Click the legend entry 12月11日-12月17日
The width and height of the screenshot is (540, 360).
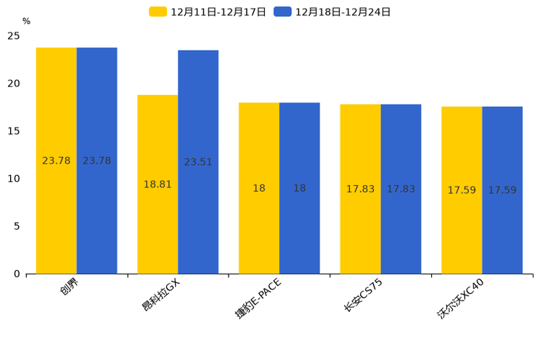pyautogui.click(x=208, y=12)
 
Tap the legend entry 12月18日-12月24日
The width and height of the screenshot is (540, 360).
pyautogui.click(x=333, y=12)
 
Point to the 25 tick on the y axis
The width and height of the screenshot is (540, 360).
pyautogui.click(x=14, y=36)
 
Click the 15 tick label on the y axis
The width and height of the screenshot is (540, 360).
pyautogui.click(x=14, y=131)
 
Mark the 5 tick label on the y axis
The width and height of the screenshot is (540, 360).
pyautogui.click(x=17, y=226)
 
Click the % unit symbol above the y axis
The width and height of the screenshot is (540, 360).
pyautogui.click(x=26, y=22)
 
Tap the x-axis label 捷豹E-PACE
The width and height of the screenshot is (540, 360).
pyautogui.click(x=258, y=298)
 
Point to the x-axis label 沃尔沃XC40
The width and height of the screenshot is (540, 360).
pyautogui.click(x=460, y=298)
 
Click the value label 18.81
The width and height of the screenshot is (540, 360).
pyautogui.click(x=157, y=184)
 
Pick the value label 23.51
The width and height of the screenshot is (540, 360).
pyautogui.click(x=198, y=162)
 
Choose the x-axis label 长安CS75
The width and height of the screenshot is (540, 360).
pyautogui.click(x=363, y=295)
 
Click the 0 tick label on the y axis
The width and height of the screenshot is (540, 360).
pyautogui.click(x=17, y=274)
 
